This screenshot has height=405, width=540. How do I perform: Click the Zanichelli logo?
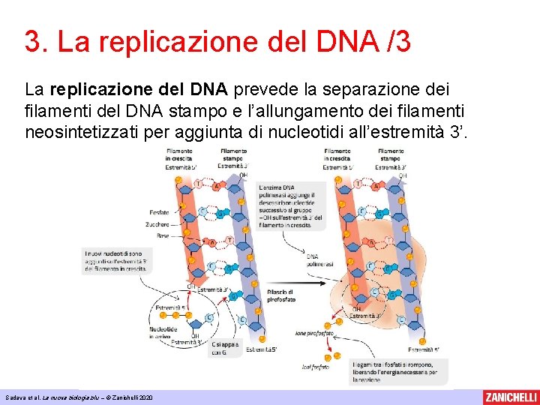511,397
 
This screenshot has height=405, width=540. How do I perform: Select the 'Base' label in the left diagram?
162,235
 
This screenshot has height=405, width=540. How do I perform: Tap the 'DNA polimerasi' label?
318,259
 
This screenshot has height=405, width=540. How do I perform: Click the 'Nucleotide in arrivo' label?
160,332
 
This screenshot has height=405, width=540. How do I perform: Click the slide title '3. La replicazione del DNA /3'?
217,42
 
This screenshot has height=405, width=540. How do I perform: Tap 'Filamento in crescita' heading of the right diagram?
337,155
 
